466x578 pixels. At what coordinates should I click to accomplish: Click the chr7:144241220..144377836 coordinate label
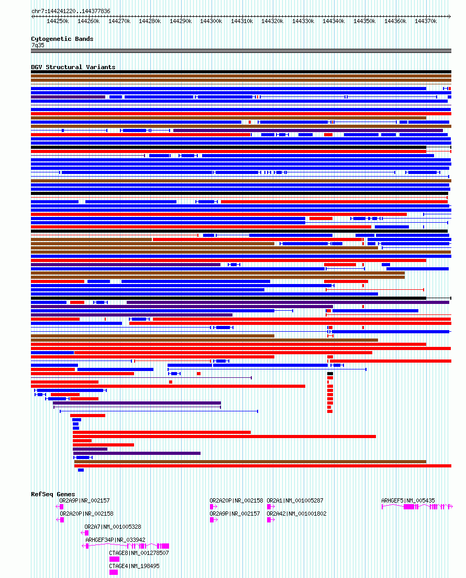pyautogui.click(x=71, y=11)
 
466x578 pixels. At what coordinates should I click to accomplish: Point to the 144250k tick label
pyautogui.click(x=58, y=21)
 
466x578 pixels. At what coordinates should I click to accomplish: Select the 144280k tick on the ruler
pyautogui.click(x=150, y=21)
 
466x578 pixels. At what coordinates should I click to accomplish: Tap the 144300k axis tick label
pyautogui.click(x=211, y=21)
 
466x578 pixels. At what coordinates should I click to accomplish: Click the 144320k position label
pyautogui.click(x=272, y=21)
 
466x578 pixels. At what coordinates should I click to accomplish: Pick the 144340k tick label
pyautogui.click(x=334, y=21)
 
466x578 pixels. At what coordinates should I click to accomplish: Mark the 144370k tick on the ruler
pyautogui.click(x=426, y=21)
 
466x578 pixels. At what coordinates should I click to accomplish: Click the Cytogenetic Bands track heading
pyautogui.click(x=62, y=39)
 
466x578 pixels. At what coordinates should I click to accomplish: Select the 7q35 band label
pyautogui.click(x=38, y=45)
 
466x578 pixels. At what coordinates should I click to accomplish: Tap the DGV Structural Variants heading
pyautogui.click(x=73, y=67)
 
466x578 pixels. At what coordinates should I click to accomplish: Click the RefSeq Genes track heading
pyautogui.click(x=53, y=494)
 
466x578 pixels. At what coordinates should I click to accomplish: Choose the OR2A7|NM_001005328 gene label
pyautogui.click(x=113, y=527)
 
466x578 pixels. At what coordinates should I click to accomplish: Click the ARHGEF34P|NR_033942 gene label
pyautogui.click(x=115, y=540)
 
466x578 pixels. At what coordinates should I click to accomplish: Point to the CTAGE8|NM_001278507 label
pyautogui.click(x=139, y=553)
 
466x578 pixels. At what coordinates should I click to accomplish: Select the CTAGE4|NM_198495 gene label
pyautogui.click(x=134, y=566)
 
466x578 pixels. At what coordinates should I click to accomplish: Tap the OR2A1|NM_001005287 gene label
pyautogui.click(x=295, y=500)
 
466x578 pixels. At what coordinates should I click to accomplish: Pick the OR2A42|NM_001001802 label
pyautogui.click(x=296, y=514)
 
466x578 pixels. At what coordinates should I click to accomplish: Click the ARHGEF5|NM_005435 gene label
pyautogui.click(x=408, y=500)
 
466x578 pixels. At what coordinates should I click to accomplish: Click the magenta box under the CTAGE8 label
pyautogui.click(x=114, y=559)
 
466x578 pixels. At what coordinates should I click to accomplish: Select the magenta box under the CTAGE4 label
pyautogui.click(x=114, y=572)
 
